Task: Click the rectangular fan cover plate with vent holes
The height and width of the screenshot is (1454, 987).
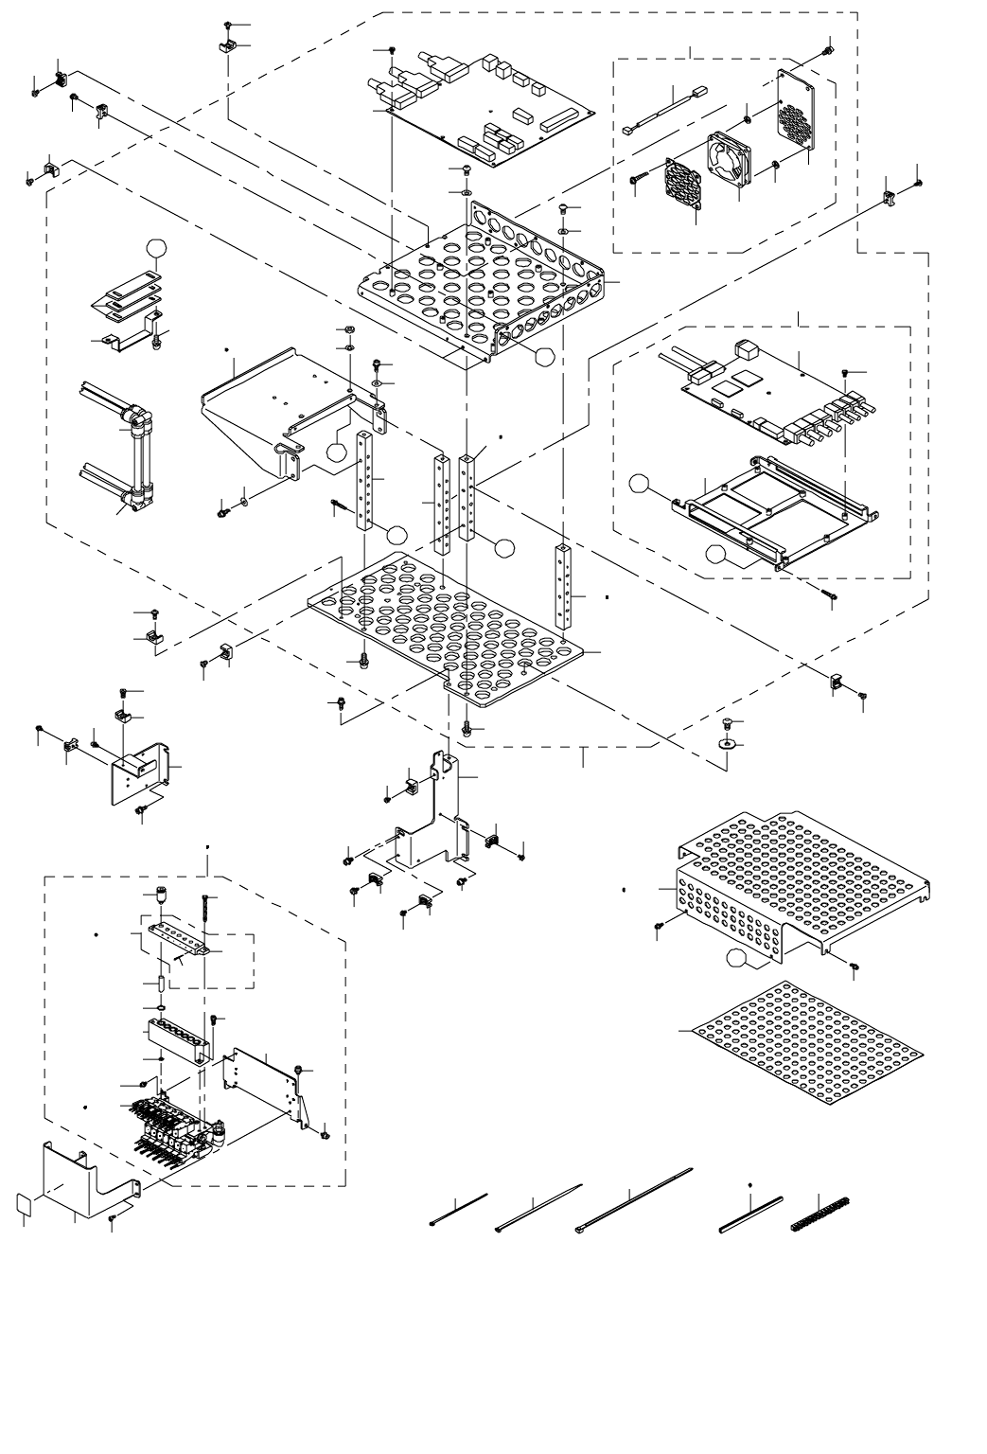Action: click(x=798, y=113)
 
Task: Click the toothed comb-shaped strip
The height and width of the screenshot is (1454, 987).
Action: click(x=820, y=1213)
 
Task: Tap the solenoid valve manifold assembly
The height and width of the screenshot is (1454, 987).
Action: click(x=175, y=1122)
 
